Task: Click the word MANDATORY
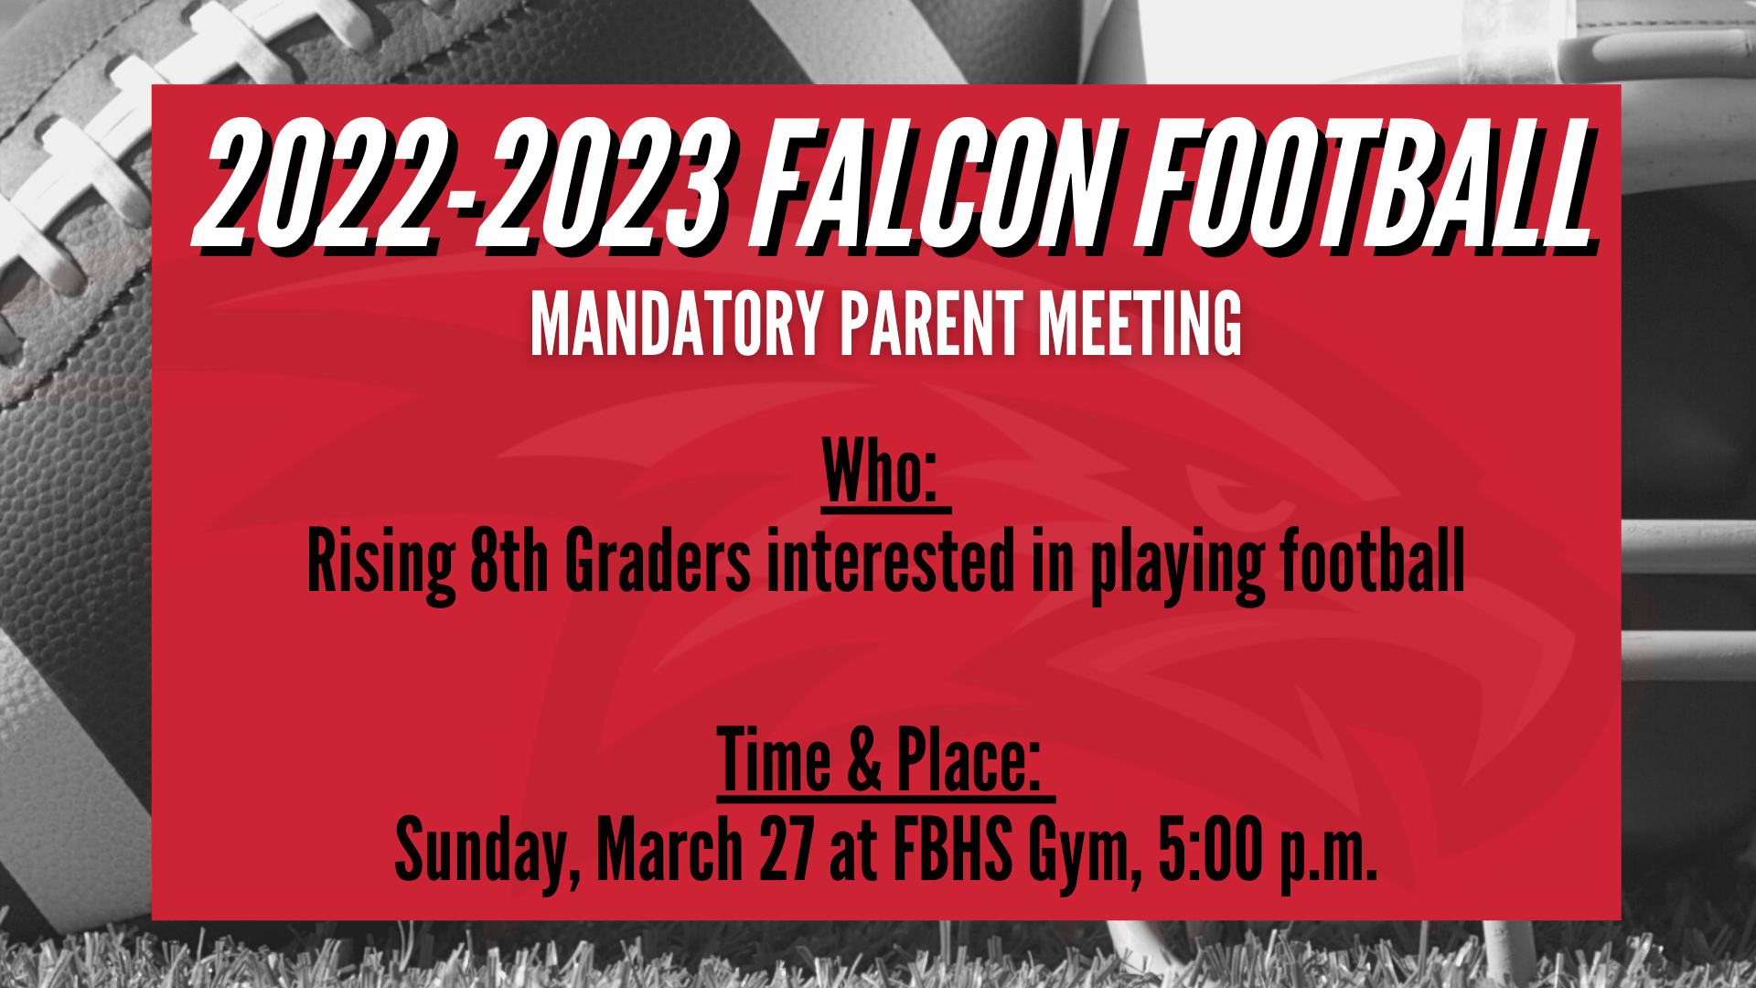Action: point(678,324)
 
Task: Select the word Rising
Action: point(381,562)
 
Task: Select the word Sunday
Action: point(487,853)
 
